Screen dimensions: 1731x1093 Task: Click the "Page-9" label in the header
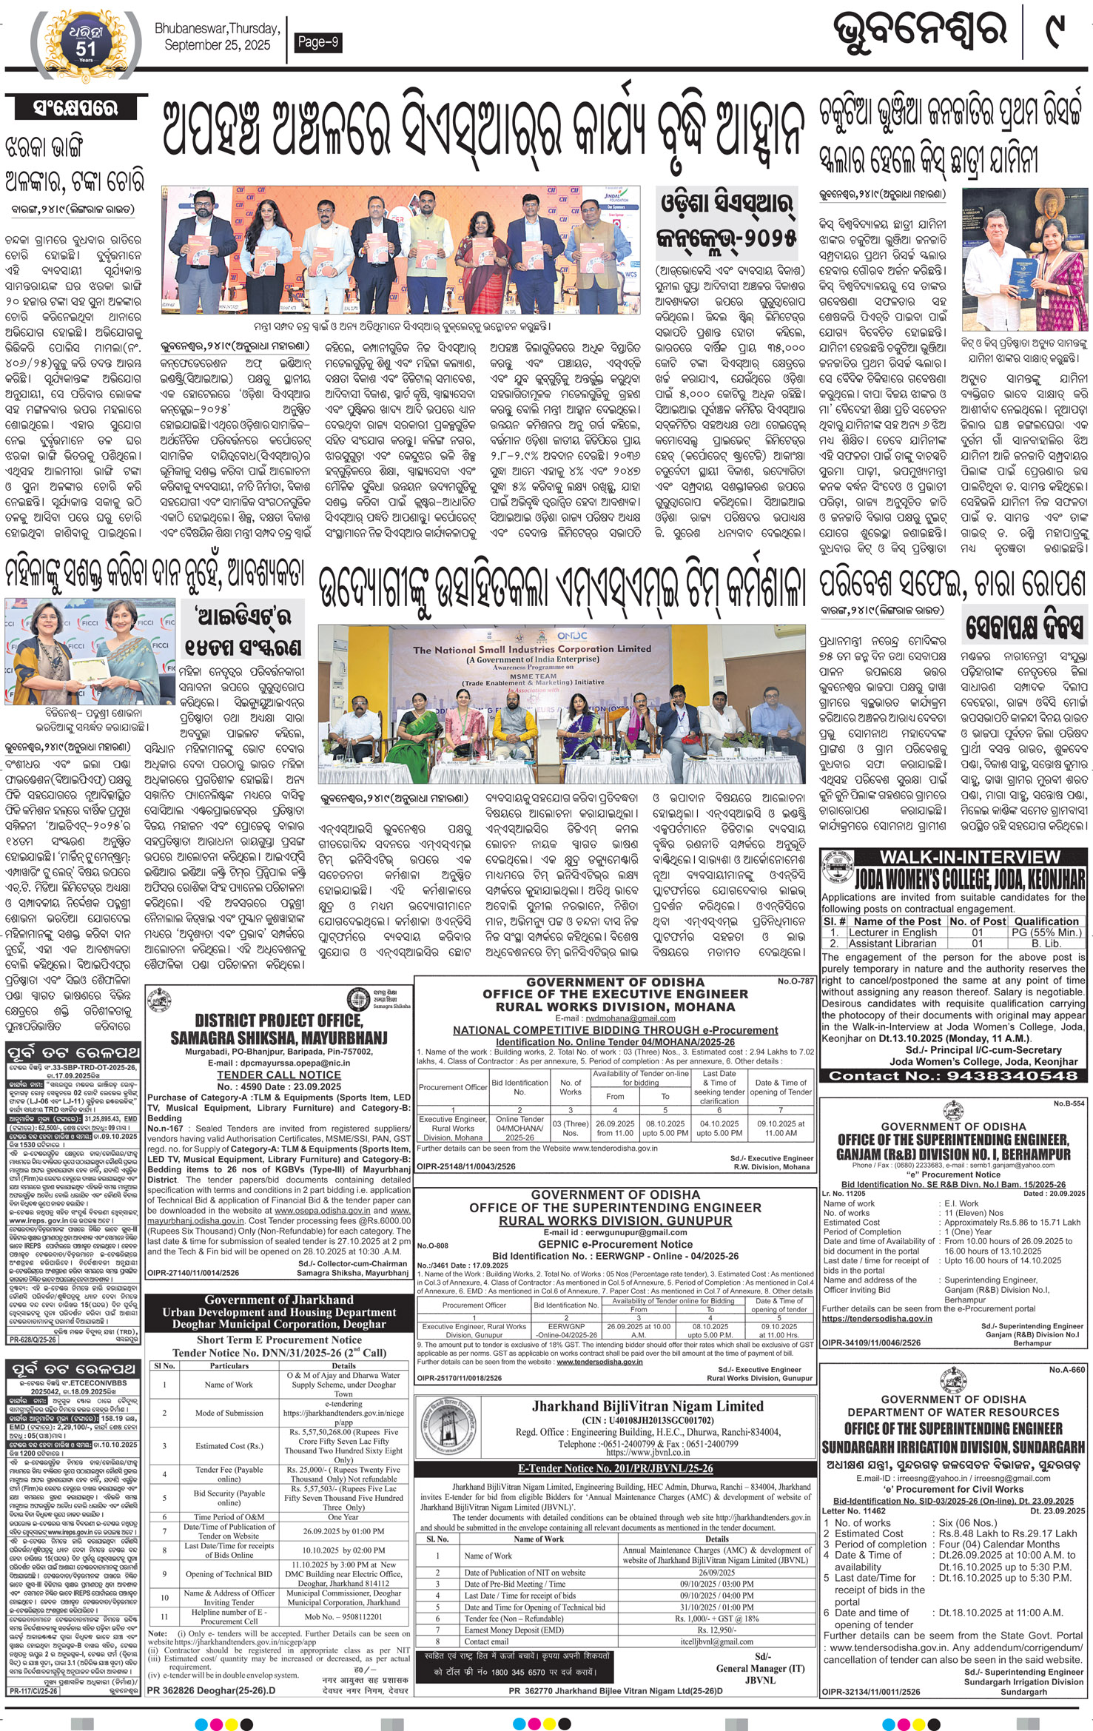(317, 42)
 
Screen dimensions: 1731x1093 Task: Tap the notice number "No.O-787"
(796, 981)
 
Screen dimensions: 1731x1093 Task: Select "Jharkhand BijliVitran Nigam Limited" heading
(648, 1405)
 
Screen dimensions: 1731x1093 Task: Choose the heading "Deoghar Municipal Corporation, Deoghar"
(280, 1324)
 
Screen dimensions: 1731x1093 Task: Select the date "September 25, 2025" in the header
(218, 45)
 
